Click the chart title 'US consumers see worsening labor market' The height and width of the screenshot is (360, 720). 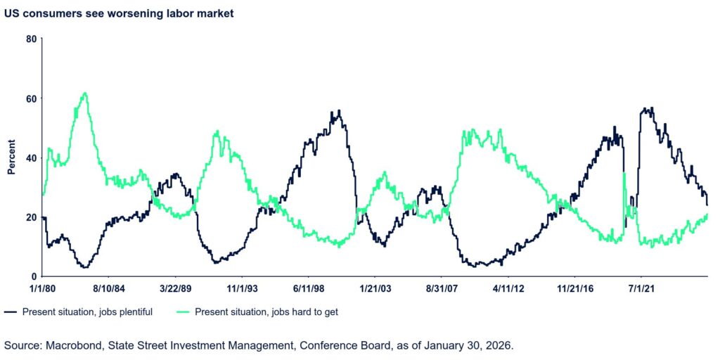[120, 13]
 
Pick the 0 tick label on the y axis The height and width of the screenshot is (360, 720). [34, 276]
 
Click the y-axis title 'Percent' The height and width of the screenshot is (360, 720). [11, 157]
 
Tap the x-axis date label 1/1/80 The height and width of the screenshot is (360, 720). [42, 288]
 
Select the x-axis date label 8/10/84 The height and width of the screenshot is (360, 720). [110, 288]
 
